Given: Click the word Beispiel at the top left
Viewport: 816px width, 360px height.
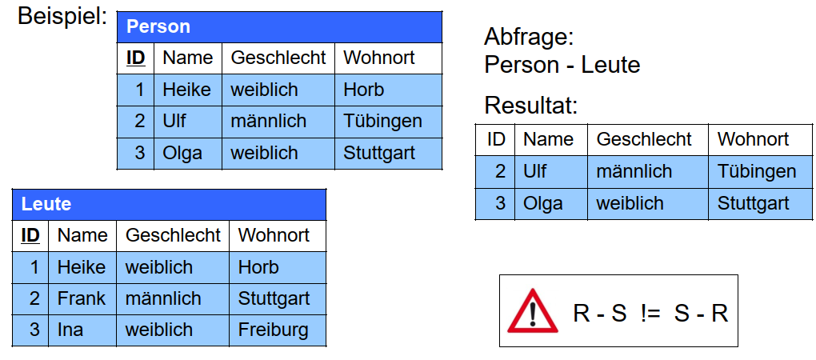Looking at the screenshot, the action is pyautogui.click(x=62, y=16).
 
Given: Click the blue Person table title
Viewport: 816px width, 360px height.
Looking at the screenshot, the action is pyautogui.click(x=158, y=26).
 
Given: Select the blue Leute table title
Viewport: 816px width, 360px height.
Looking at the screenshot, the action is pyautogui.click(x=46, y=204).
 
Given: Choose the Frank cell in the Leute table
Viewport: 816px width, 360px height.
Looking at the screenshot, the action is pyautogui.click(x=81, y=298).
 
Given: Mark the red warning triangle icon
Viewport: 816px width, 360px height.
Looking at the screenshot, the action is pyautogui.click(x=532, y=311).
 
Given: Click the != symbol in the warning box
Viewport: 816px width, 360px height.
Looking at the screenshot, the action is pyautogui.click(x=650, y=314).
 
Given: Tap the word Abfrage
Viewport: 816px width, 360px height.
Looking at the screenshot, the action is pyautogui.click(x=529, y=38).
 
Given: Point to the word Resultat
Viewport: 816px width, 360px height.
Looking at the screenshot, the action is pyautogui.click(x=531, y=106).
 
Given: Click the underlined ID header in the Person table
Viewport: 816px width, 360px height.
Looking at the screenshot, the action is pyautogui.click(x=136, y=58).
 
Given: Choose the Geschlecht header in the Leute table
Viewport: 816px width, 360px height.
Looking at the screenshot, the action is pyautogui.click(x=173, y=235).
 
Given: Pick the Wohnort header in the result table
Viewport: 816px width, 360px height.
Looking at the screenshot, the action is pyautogui.click(x=753, y=139).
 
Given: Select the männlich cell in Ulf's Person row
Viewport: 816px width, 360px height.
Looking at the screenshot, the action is pyautogui.click(x=269, y=122).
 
